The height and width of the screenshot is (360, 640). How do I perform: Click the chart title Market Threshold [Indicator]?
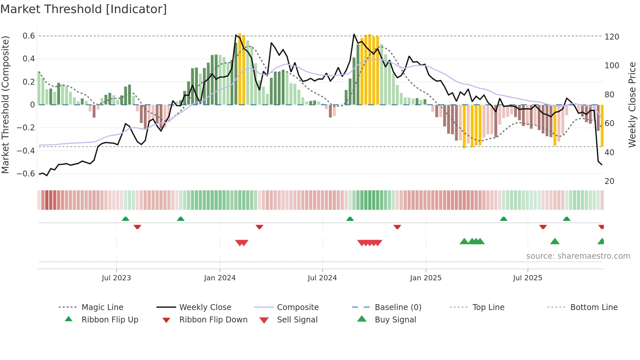point(84,9)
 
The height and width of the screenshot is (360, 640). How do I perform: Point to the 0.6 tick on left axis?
point(28,36)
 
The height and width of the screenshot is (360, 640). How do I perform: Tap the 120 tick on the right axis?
point(612,37)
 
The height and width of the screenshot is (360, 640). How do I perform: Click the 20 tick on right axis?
point(609,181)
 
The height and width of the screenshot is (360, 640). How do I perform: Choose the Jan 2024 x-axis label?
point(220,278)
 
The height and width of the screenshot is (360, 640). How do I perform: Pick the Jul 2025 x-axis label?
point(527,278)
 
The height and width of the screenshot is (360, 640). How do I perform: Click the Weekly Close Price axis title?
point(632,105)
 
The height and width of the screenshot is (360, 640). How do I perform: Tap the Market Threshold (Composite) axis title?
point(5,105)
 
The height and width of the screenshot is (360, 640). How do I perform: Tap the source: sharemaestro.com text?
point(578,256)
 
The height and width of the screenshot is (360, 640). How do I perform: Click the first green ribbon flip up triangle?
point(125,219)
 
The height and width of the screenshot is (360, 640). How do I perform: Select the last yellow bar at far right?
point(602,126)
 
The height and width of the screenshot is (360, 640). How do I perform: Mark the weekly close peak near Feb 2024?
point(236,35)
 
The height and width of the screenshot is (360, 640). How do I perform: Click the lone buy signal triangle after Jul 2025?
point(555,241)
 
